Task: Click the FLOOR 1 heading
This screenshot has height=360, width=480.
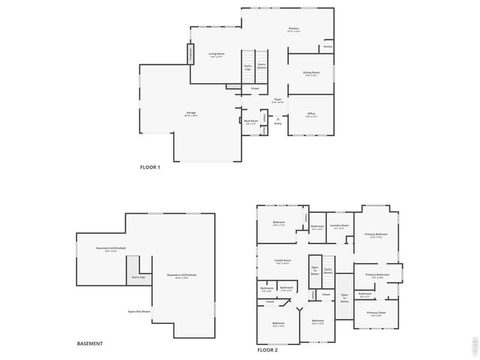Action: coord(150,167)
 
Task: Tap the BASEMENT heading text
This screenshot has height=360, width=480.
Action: coord(90,343)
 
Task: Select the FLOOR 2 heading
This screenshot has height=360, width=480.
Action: coord(268,350)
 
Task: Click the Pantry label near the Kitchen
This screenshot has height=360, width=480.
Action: coord(328,46)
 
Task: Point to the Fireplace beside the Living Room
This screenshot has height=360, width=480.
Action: coord(190,55)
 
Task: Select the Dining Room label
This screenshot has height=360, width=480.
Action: coord(311,73)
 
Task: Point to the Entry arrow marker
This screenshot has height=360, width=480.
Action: coord(277,118)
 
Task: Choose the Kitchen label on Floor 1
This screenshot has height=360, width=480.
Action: coord(293,30)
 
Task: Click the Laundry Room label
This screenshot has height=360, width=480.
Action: coord(340,226)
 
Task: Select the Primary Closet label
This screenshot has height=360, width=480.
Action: coord(376,313)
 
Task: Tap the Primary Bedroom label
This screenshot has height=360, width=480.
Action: coord(376,235)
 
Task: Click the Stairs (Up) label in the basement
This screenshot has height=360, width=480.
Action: coord(138,277)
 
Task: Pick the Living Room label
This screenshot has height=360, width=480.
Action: coord(217,55)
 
